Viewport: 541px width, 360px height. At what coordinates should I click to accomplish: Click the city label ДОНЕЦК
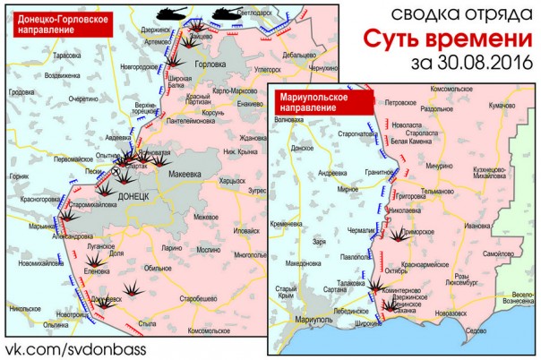pos(132,194)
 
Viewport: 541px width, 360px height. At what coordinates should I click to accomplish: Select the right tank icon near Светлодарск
pos(225,13)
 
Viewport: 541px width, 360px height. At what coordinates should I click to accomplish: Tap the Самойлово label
pos(500,254)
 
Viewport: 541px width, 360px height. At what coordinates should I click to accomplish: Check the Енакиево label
pos(250,104)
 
